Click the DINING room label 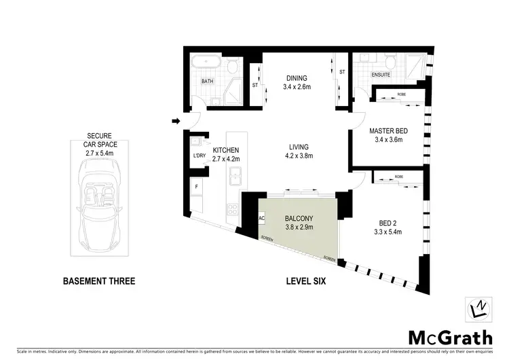point(296,77)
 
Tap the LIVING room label point(298,147)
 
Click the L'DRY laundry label point(199,156)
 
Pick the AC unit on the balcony point(263,219)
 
